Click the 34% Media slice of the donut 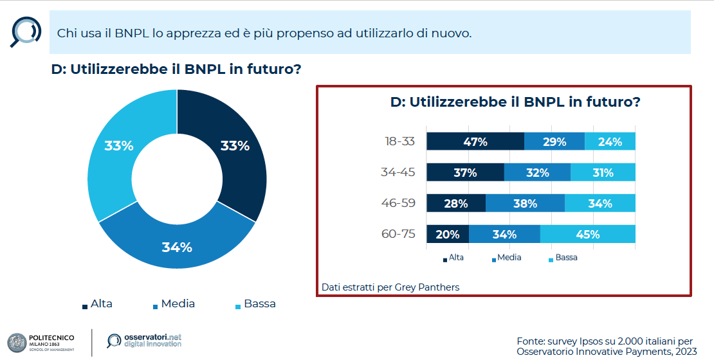tap(177, 247)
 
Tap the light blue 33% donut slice tap(119, 146)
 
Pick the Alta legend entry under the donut tap(97, 303)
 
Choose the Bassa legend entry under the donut tap(255, 303)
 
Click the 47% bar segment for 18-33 tap(475, 141)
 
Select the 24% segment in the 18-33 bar tap(610, 141)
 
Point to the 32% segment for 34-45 tap(537, 172)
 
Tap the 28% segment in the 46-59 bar tap(456, 203)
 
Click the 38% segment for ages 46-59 tap(525, 203)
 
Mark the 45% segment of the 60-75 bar tap(587, 234)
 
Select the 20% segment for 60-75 tap(448, 234)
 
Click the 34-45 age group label tap(398, 172)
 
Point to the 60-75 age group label tap(398, 234)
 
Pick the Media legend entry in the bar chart tap(506, 257)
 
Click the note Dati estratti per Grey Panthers tap(390, 287)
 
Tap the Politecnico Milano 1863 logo tap(41, 341)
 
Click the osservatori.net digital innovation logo tap(144, 341)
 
